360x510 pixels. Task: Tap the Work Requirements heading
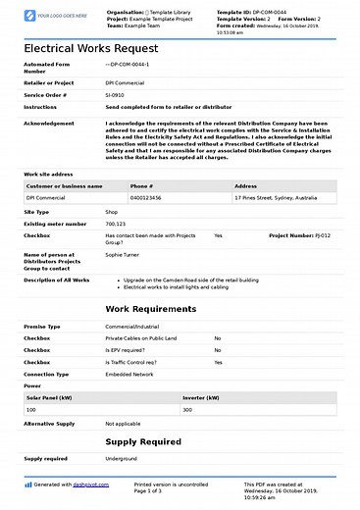pos(149,336)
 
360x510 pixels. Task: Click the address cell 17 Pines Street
pos(277,197)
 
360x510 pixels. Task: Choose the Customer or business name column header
pos(65,185)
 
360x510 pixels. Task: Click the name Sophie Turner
pos(122,255)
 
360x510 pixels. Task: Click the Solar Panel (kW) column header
pos(49,397)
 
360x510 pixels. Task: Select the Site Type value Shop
pos(112,211)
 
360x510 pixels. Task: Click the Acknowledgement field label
pos(48,124)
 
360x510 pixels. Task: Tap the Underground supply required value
pos(122,458)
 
